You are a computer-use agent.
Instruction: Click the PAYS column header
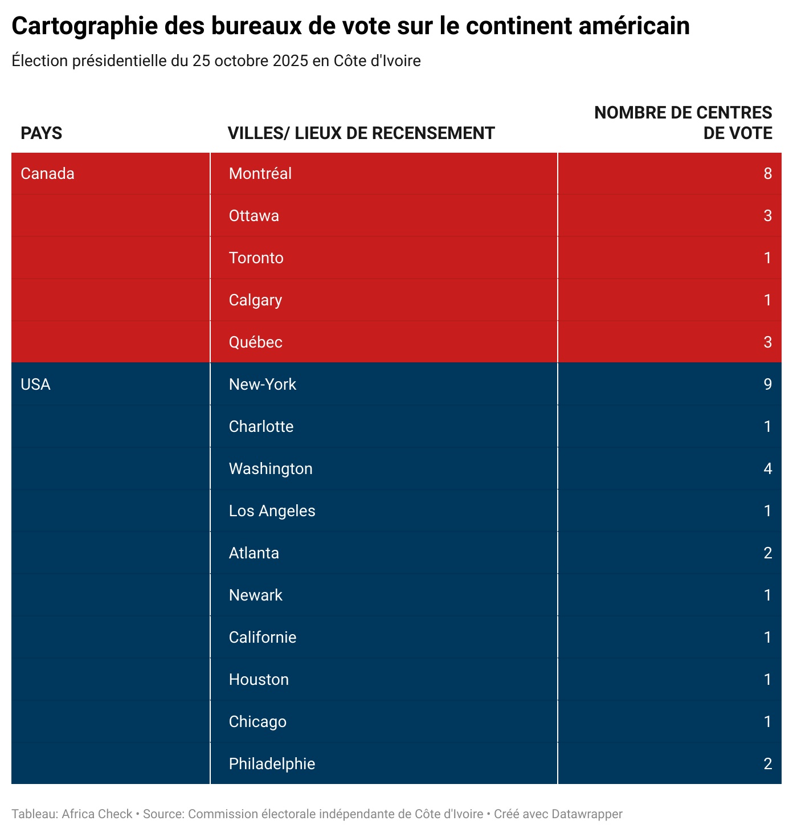42,133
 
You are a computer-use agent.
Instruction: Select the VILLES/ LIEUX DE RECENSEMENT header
361,133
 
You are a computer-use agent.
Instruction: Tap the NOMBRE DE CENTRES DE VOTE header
683,122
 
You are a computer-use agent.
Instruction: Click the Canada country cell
47,174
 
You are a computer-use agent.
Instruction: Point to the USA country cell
35,385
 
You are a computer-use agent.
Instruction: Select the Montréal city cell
260,174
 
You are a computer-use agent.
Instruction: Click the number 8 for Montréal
767,174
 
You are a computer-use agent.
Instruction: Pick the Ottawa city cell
254,216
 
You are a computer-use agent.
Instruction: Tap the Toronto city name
256,258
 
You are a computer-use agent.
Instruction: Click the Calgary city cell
255,300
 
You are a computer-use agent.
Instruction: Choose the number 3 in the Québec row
767,342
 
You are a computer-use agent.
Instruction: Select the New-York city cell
263,385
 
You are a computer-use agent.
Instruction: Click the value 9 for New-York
767,385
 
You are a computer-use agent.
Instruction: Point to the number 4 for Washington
767,469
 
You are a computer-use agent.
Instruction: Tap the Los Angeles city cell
272,511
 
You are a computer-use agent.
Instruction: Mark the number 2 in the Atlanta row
767,553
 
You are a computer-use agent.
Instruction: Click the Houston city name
259,680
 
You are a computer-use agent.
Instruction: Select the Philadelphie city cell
272,764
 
